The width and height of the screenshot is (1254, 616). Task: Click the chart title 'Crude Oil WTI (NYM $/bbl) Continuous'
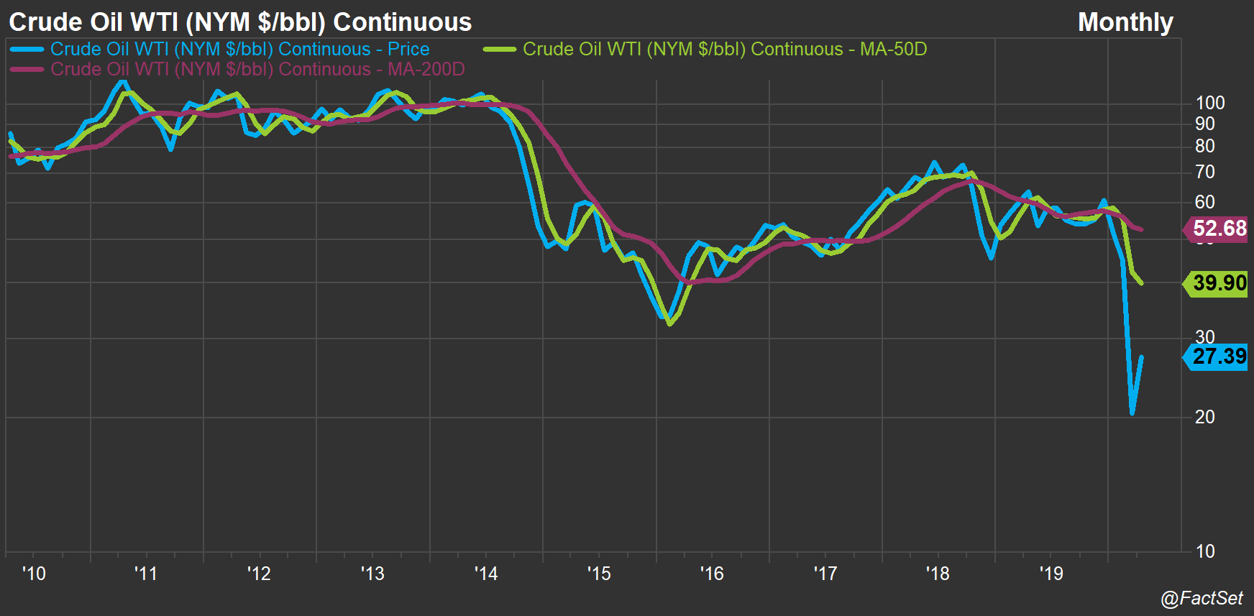[x=240, y=22]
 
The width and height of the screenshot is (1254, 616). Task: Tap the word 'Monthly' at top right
[x=1125, y=22]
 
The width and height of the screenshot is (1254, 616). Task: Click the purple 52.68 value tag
[x=1219, y=229]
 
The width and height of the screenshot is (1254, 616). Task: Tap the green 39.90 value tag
[x=1219, y=283]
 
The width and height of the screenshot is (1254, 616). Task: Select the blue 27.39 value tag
[x=1219, y=356]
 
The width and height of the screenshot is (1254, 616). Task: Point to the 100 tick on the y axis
[x=1209, y=103]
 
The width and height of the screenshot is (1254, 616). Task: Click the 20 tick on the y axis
[x=1204, y=417]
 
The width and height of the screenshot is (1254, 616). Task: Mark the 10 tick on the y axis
[x=1204, y=551]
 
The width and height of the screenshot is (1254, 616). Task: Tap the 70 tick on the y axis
[x=1204, y=172]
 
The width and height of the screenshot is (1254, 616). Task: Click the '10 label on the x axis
[x=33, y=574]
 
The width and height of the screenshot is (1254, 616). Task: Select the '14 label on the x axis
[x=485, y=574]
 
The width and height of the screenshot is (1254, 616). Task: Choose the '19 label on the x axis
[x=1051, y=574]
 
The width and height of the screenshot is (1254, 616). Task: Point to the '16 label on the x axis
[x=711, y=574]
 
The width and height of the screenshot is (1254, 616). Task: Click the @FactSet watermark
[x=1202, y=598]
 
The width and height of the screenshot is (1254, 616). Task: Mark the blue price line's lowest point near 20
[x=1132, y=413]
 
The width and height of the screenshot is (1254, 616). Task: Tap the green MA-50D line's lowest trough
[x=670, y=324]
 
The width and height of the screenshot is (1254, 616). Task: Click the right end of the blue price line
[x=1142, y=357]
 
